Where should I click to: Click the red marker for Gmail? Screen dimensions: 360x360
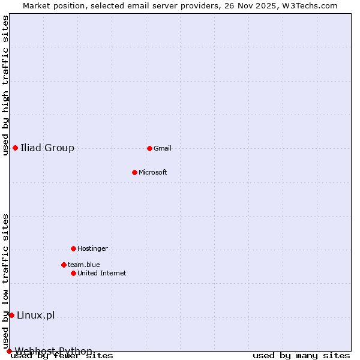tap(149, 148)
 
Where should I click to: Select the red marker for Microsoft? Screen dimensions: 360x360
tap(134, 172)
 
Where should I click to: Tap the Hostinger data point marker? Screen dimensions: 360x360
tap(73, 248)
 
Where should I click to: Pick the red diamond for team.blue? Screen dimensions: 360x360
tap(64, 265)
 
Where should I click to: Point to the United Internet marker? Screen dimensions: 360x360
tap(73, 273)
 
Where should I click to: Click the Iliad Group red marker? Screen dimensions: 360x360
tap(15, 148)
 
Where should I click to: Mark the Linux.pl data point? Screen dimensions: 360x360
tap(11, 315)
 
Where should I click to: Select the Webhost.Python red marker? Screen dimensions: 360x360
tap(9, 351)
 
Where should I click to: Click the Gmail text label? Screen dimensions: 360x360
tap(163, 148)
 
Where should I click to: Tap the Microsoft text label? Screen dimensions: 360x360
tap(153, 172)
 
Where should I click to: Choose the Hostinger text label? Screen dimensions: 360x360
tap(92, 248)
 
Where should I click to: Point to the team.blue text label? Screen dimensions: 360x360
tap(84, 265)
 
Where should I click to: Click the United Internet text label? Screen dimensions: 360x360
tap(102, 273)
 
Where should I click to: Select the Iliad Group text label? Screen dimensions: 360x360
tap(47, 148)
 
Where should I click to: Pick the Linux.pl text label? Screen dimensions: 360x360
tap(36, 315)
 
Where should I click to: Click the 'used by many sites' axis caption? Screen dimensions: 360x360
tap(301, 356)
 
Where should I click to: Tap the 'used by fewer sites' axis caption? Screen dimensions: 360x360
tap(62, 356)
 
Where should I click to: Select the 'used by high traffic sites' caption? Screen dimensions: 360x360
tap(6, 85)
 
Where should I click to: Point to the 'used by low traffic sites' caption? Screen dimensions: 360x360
tap(6, 281)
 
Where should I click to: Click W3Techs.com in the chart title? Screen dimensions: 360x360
tap(310, 5)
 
